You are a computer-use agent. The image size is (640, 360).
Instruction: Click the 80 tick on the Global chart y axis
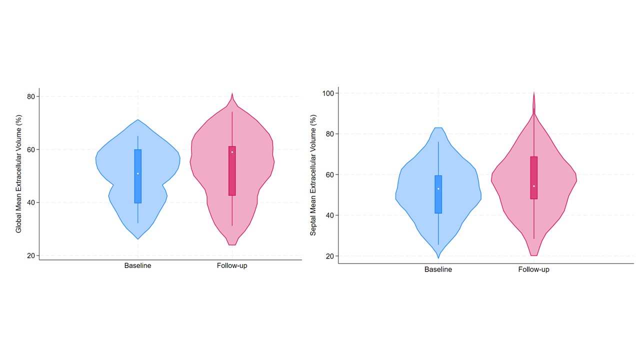(31, 96)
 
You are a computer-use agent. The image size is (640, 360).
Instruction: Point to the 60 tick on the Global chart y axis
(31, 149)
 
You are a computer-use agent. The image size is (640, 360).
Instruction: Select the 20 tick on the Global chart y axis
(31, 255)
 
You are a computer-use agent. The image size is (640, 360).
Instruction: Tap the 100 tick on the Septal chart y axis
(328, 93)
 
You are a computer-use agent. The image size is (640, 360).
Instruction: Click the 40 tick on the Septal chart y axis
(330, 215)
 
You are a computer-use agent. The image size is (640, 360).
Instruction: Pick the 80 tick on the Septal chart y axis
(330, 134)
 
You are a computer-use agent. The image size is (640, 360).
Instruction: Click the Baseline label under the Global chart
(137, 265)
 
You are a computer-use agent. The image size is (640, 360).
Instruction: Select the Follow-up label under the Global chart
(232, 265)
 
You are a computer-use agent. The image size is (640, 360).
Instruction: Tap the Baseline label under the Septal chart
(438, 269)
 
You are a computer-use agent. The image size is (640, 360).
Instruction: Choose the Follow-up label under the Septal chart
(533, 269)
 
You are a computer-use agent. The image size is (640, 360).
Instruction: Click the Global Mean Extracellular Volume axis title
(19, 173)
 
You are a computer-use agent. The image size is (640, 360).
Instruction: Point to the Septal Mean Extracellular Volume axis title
(313, 175)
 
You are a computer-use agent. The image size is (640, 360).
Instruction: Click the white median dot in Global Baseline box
(137, 173)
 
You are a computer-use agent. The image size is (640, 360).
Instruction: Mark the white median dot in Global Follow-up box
(232, 152)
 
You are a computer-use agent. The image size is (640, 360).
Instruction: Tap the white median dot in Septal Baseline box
(438, 188)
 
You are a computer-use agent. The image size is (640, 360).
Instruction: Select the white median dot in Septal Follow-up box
(534, 186)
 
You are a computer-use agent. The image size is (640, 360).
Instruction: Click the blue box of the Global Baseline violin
(137, 187)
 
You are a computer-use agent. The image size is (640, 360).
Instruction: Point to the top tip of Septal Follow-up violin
(534, 92)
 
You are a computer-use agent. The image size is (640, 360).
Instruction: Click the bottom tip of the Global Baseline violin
(137, 238)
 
